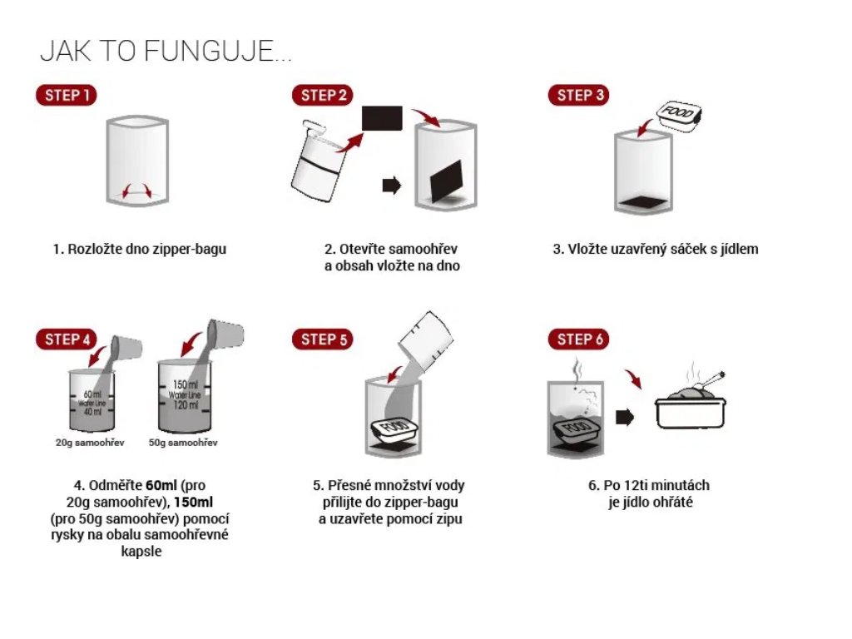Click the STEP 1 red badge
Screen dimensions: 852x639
pyautogui.click(x=67, y=95)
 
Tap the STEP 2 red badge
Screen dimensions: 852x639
pyautogui.click(x=323, y=95)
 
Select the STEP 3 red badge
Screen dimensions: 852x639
pyautogui.click(x=579, y=95)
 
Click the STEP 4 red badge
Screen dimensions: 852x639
pyautogui.click(x=67, y=339)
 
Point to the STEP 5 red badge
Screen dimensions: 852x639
pyautogui.click(x=323, y=339)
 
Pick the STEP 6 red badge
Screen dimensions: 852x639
pyautogui.click(x=579, y=339)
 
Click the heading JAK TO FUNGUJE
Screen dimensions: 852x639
pyautogui.click(x=166, y=51)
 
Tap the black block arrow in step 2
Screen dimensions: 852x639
pyautogui.click(x=392, y=186)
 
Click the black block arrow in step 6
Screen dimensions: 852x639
pyautogui.click(x=625, y=418)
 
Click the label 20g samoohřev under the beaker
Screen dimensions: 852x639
pyautogui.click(x=90, y=443)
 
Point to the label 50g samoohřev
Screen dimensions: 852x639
pyautogui.click(x=183, y=443)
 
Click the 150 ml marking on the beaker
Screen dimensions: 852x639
pyautogui.click(x=185, y=385)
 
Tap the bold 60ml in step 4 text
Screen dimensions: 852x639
pyautogui.click(x=161, y=485)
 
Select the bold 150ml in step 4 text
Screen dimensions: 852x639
pyautogui.click(x=193, y=502)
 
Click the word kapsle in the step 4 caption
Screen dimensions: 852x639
pyautogui.click(x=141, y=552)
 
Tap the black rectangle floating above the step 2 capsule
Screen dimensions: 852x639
pyautogui.click(x=382, y=118)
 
